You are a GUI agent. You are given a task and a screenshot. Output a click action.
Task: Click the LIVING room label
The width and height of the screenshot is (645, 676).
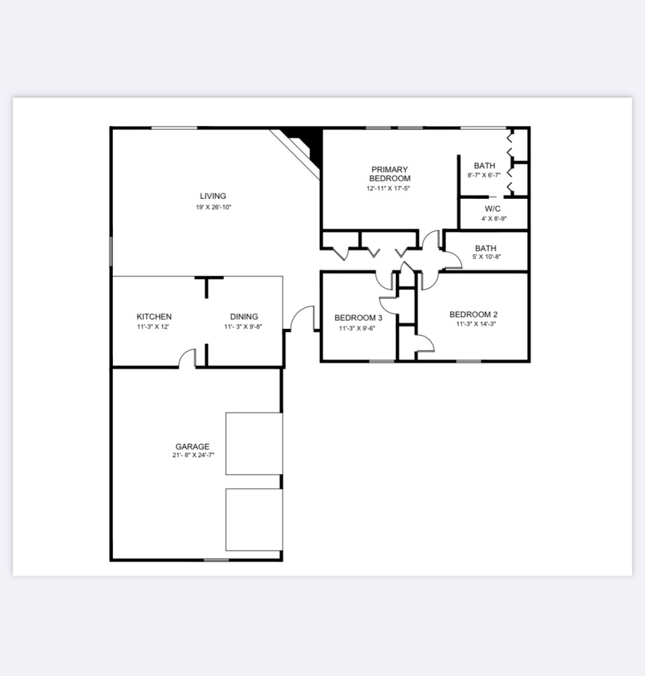[x=213, y=196]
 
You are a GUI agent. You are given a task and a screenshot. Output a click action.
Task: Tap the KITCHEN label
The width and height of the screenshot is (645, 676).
[x=154, y=317]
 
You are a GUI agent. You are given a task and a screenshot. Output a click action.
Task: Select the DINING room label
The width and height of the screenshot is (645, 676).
[x=244, y=317]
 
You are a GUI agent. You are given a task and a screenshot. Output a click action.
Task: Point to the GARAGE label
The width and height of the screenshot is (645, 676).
[x=192, y=447]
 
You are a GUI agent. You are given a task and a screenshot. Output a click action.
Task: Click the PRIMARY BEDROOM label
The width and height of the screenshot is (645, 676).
[x=390, y=174]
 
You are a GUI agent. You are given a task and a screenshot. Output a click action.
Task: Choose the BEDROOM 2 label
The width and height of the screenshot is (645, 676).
[x=473, y=315]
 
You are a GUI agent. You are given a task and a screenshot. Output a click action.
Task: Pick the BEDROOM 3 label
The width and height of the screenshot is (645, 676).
[x=358, y=318]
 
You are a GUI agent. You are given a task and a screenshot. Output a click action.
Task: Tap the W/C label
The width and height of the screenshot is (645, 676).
[x=493, y=209]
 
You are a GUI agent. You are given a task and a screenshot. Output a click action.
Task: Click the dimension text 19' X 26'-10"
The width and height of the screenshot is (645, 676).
[x=213, y=207]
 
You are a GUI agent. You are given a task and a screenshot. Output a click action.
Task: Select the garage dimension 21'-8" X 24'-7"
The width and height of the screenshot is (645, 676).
[x=193, y=455]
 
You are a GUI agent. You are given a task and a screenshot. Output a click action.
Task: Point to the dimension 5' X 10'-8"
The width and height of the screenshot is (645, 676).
[x=486, y=257]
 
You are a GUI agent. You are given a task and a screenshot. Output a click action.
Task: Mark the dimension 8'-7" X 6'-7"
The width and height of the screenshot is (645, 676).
[x=484, y=176]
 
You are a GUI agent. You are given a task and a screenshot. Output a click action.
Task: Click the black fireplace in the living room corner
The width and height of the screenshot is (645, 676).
[x=308, y=145]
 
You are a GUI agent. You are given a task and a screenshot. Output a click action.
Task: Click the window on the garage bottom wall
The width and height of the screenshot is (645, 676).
[x=216, y=560]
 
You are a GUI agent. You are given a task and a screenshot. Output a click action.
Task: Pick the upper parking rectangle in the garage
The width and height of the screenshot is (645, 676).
[x=254, y=443]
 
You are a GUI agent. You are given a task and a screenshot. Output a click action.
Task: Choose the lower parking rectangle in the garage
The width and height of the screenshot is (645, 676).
[x=254, y=519]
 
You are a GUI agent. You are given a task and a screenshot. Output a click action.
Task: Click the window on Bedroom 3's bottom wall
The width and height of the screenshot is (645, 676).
[x=381, y=361]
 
